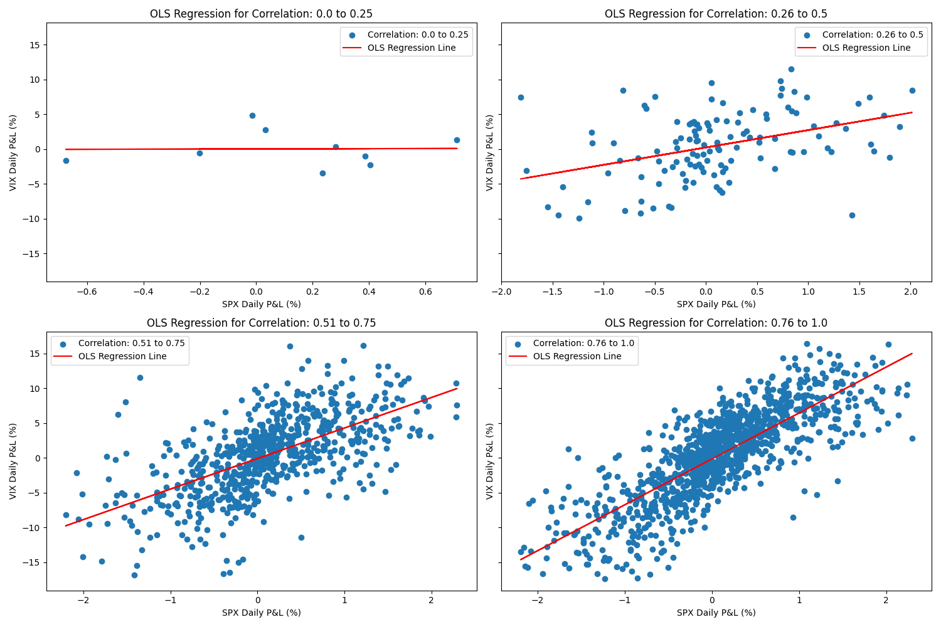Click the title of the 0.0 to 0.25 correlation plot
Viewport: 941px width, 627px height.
(261, 14)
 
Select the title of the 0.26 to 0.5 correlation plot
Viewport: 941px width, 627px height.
(716, 14)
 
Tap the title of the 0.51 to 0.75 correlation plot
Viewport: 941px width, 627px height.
(261, 323)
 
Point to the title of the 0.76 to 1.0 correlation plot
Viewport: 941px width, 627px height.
(716, 323)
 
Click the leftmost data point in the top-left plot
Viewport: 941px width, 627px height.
(66, 161)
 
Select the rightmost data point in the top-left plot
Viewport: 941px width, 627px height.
(457, 140)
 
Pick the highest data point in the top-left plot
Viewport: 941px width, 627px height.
(252, 115)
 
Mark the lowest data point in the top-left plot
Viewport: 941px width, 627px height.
(322, 173)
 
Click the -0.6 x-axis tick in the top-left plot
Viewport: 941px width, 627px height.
(87, 292)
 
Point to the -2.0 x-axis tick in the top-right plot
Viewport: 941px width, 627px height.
(502, 292)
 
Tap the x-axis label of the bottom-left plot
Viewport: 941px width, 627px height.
(261, 613)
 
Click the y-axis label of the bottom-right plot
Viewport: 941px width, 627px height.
(489, 461)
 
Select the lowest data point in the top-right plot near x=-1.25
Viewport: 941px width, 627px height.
(579, 218)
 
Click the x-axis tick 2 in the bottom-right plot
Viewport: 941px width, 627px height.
(886, 601)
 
